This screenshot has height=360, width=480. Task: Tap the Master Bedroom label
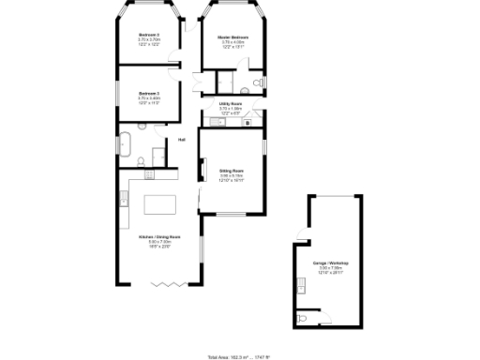(232, 38)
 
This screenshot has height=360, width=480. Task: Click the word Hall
(182, 140)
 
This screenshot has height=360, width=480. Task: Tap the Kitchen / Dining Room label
(157, 239)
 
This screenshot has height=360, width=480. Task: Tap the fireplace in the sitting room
(200, 172)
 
